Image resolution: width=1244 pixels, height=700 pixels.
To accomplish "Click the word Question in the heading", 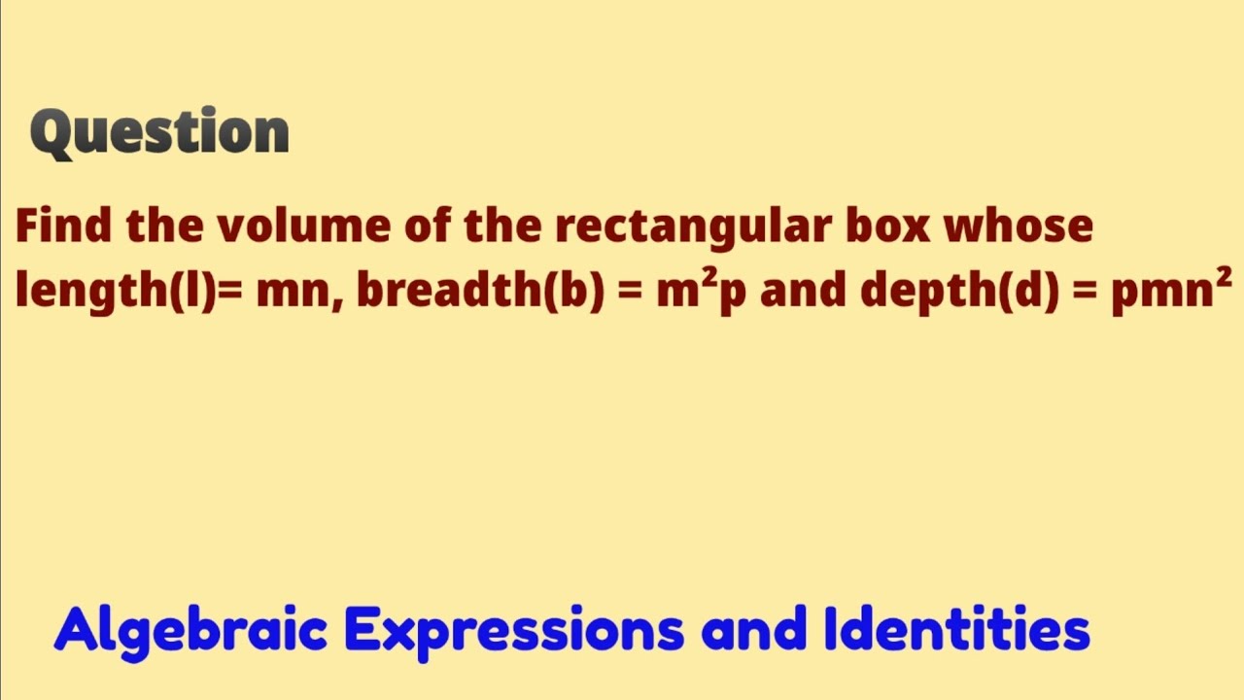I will (x=160, y=133).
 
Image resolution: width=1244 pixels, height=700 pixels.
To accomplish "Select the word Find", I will (x=63, y=227).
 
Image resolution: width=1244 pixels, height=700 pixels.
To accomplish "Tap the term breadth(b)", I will (x=476, y=291).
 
